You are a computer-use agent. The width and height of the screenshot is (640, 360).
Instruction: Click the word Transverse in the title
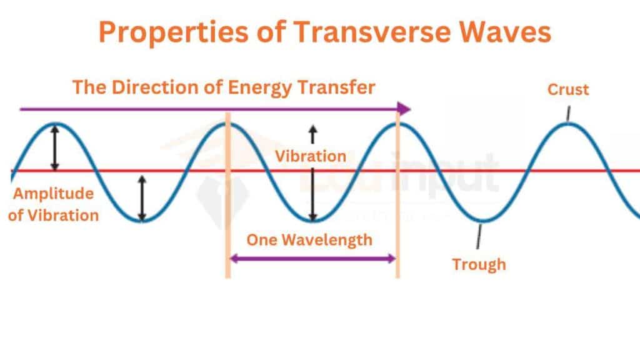pos(372,32)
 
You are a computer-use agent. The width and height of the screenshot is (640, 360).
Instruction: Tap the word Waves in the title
pos(505,32)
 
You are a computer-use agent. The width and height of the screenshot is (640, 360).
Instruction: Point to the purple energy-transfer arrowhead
pos(404,109)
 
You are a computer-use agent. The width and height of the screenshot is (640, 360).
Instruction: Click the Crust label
pos(568,89)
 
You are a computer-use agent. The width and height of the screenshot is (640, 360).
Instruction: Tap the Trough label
pos(479,264)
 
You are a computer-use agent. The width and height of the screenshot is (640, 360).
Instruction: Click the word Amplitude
pos(54,194)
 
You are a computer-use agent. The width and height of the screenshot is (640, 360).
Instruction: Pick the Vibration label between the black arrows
pos(311,156)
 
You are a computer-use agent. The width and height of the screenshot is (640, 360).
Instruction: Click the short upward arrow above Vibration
pos(312,134)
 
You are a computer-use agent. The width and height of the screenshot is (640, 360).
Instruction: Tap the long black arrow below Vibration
pos(312,194)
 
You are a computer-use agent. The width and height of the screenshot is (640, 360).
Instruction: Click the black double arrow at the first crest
pos(55,147)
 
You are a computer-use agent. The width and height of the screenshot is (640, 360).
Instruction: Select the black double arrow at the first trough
pos(142,198)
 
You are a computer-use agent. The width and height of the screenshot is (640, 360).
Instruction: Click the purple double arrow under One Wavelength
pos(312,258)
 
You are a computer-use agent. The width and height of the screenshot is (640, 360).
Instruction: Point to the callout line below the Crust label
pos(568,113)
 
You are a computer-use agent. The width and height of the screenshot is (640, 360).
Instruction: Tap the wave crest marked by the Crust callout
pos(567,124)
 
